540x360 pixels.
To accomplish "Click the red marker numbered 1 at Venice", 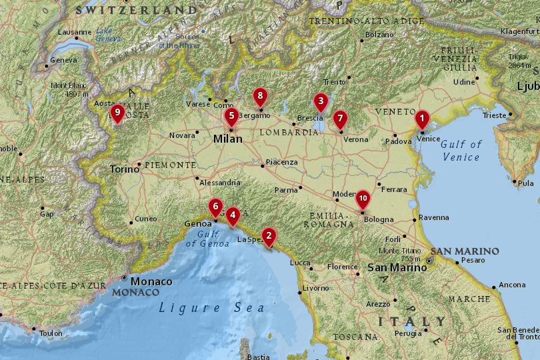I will [x=421, y=119].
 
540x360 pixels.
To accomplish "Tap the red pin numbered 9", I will [x=117, y=113].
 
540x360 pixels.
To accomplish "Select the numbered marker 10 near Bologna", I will [x=363, y=198].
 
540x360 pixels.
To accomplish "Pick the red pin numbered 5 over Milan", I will [x=231, y=116].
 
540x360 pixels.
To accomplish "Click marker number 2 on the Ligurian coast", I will [x=269, y=235].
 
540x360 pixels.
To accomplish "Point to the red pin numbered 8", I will [x=260, y=97].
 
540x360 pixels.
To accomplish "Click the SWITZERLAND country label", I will [x=136, y=10].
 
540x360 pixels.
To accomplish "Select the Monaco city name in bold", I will [x=151, y=281].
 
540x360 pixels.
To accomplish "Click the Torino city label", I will [x=125, y=169].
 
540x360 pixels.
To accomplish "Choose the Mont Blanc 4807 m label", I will [x=69, y=89].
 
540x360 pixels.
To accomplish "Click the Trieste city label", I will [x=495, y=115].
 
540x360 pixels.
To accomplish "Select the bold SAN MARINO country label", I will [x=465, y=251].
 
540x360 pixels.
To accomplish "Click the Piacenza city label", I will [x=281, y=162].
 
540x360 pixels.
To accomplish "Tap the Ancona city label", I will [x=512, y=285].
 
